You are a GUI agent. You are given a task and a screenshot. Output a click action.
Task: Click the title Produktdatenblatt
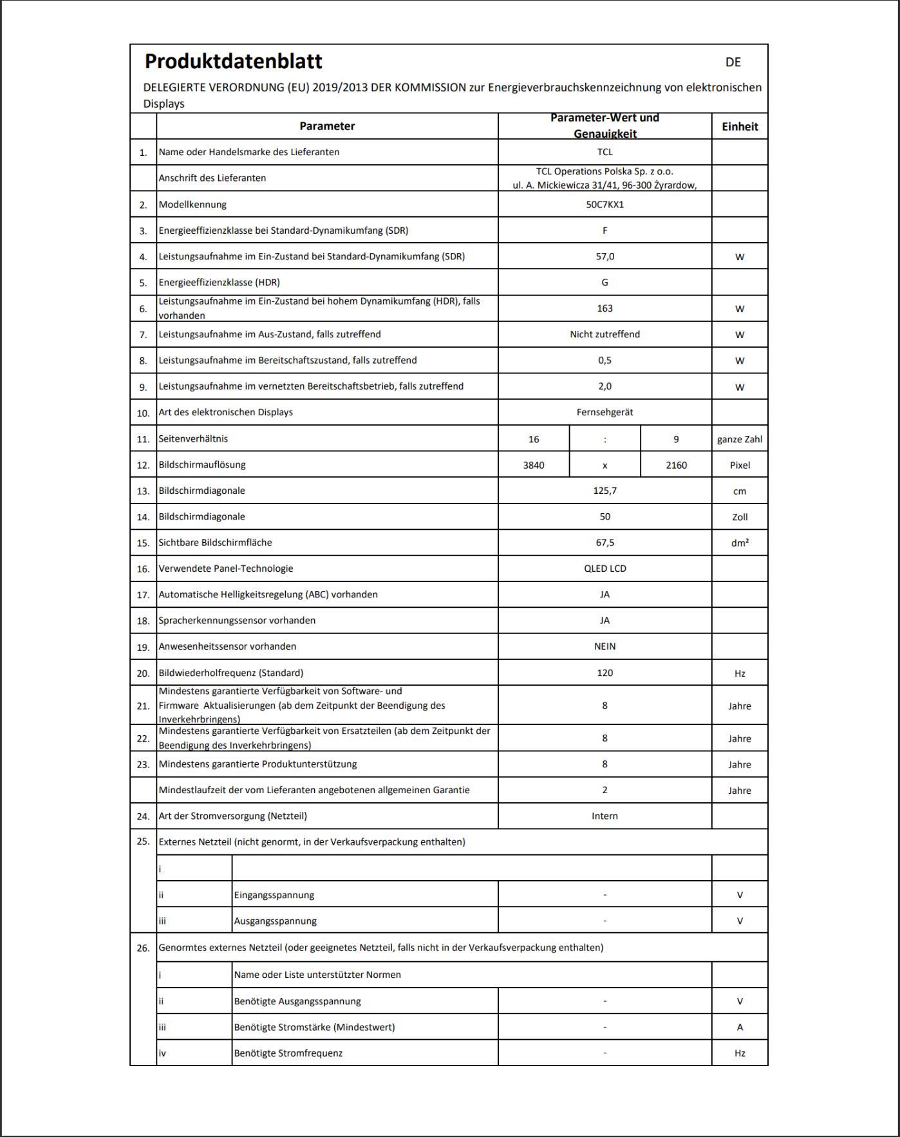pyautogui.click(x=233, y=61)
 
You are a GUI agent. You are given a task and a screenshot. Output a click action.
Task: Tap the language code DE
pyautogui.click(x=733, y=62)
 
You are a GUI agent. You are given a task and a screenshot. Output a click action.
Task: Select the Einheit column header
pyautogui.click(x=739, y=126)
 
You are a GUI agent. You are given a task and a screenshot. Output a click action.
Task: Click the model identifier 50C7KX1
pyautogui.click(x=605, y=205)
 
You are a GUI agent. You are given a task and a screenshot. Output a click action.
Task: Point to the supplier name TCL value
pyautogui.click(x=605, y=152)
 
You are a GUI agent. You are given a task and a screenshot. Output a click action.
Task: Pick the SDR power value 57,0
pyautogui.click(x=605, y=256)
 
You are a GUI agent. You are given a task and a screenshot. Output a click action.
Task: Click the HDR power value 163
pyautogui.click(x=605, y=308)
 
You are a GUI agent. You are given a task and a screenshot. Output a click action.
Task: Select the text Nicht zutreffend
pyautogui.click(x=605, y=334)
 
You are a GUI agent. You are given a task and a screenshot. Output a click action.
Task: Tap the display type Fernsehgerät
pyautogui.click(x=605, y=412)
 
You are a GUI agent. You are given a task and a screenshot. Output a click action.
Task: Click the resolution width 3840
pyautogui.click(x=534, y=465)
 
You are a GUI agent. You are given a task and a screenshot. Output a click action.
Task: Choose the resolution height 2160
pyautogui.click(x=676, y=465)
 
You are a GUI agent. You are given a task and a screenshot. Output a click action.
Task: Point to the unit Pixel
pyautogui.click(x=740, y=465)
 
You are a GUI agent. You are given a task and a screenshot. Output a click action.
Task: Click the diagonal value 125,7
pyautogui.click(x=605, y=491)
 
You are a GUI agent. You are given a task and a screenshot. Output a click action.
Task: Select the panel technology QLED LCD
pyautogui.click(x=605, y=568)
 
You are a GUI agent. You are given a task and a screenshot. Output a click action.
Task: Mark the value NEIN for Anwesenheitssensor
pyautogui.click(x=605, y=646)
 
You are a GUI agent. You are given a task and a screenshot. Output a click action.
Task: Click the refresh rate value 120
pyautogui.click(x=605, y=673)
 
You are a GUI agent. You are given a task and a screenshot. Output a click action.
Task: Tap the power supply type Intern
pyautogui.click(x=605, y=816)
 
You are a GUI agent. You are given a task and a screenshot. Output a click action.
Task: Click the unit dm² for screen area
pyautogui.click(x=740, y=543)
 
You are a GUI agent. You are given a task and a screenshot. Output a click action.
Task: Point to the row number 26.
pyautogui.click(x=143, y=948)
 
